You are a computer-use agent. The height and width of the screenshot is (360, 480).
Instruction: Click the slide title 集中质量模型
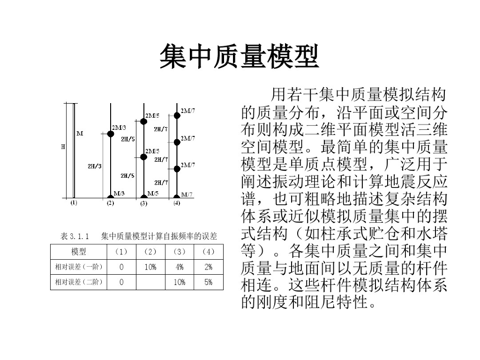[x=240, y=57]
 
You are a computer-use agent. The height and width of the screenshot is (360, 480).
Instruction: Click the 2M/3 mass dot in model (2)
[x=111, y=134]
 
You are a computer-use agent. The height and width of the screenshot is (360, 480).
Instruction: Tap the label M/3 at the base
[x=119, y=193]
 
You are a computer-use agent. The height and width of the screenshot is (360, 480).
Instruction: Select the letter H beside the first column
[x=63, y=147]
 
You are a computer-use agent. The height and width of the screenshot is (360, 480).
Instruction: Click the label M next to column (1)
[x=80, y=133]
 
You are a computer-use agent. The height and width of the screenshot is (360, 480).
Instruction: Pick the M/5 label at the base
[x=153, y=193]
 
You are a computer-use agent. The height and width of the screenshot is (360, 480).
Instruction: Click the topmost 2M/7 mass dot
[x=177, y=115]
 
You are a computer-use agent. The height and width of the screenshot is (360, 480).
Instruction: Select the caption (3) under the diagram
[x=144, y=204]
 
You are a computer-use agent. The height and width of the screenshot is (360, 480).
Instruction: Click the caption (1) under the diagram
[x=74, y=203]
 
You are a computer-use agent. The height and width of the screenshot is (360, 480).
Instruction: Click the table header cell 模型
[x=78, y=252]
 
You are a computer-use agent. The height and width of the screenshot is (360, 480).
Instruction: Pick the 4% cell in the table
[x=180, y=267]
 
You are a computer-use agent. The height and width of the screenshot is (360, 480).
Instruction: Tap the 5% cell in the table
[x=208, y=282]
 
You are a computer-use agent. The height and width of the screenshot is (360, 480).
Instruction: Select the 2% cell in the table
[x=208, y=267]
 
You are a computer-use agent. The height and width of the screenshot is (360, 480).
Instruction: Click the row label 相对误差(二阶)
[x=78, y=282]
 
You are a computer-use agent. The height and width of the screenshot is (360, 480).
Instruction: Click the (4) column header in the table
[x=208, y=252]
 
